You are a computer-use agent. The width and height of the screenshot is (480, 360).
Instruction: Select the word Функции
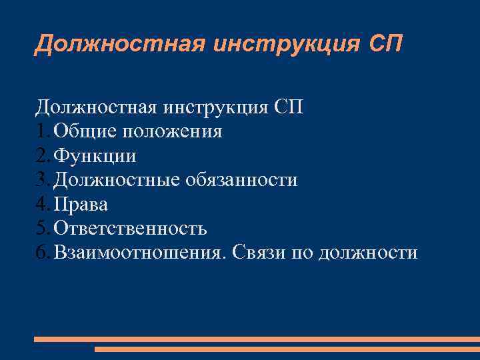point(95,156)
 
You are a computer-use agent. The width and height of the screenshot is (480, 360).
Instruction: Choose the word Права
point(81,204)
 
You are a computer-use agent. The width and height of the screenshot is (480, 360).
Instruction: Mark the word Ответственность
point(130,229)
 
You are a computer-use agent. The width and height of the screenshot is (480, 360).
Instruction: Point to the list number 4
point(42,204)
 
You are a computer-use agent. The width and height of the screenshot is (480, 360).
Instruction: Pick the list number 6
point(42,253)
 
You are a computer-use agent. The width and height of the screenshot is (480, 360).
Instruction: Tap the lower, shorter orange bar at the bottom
point(287,349)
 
